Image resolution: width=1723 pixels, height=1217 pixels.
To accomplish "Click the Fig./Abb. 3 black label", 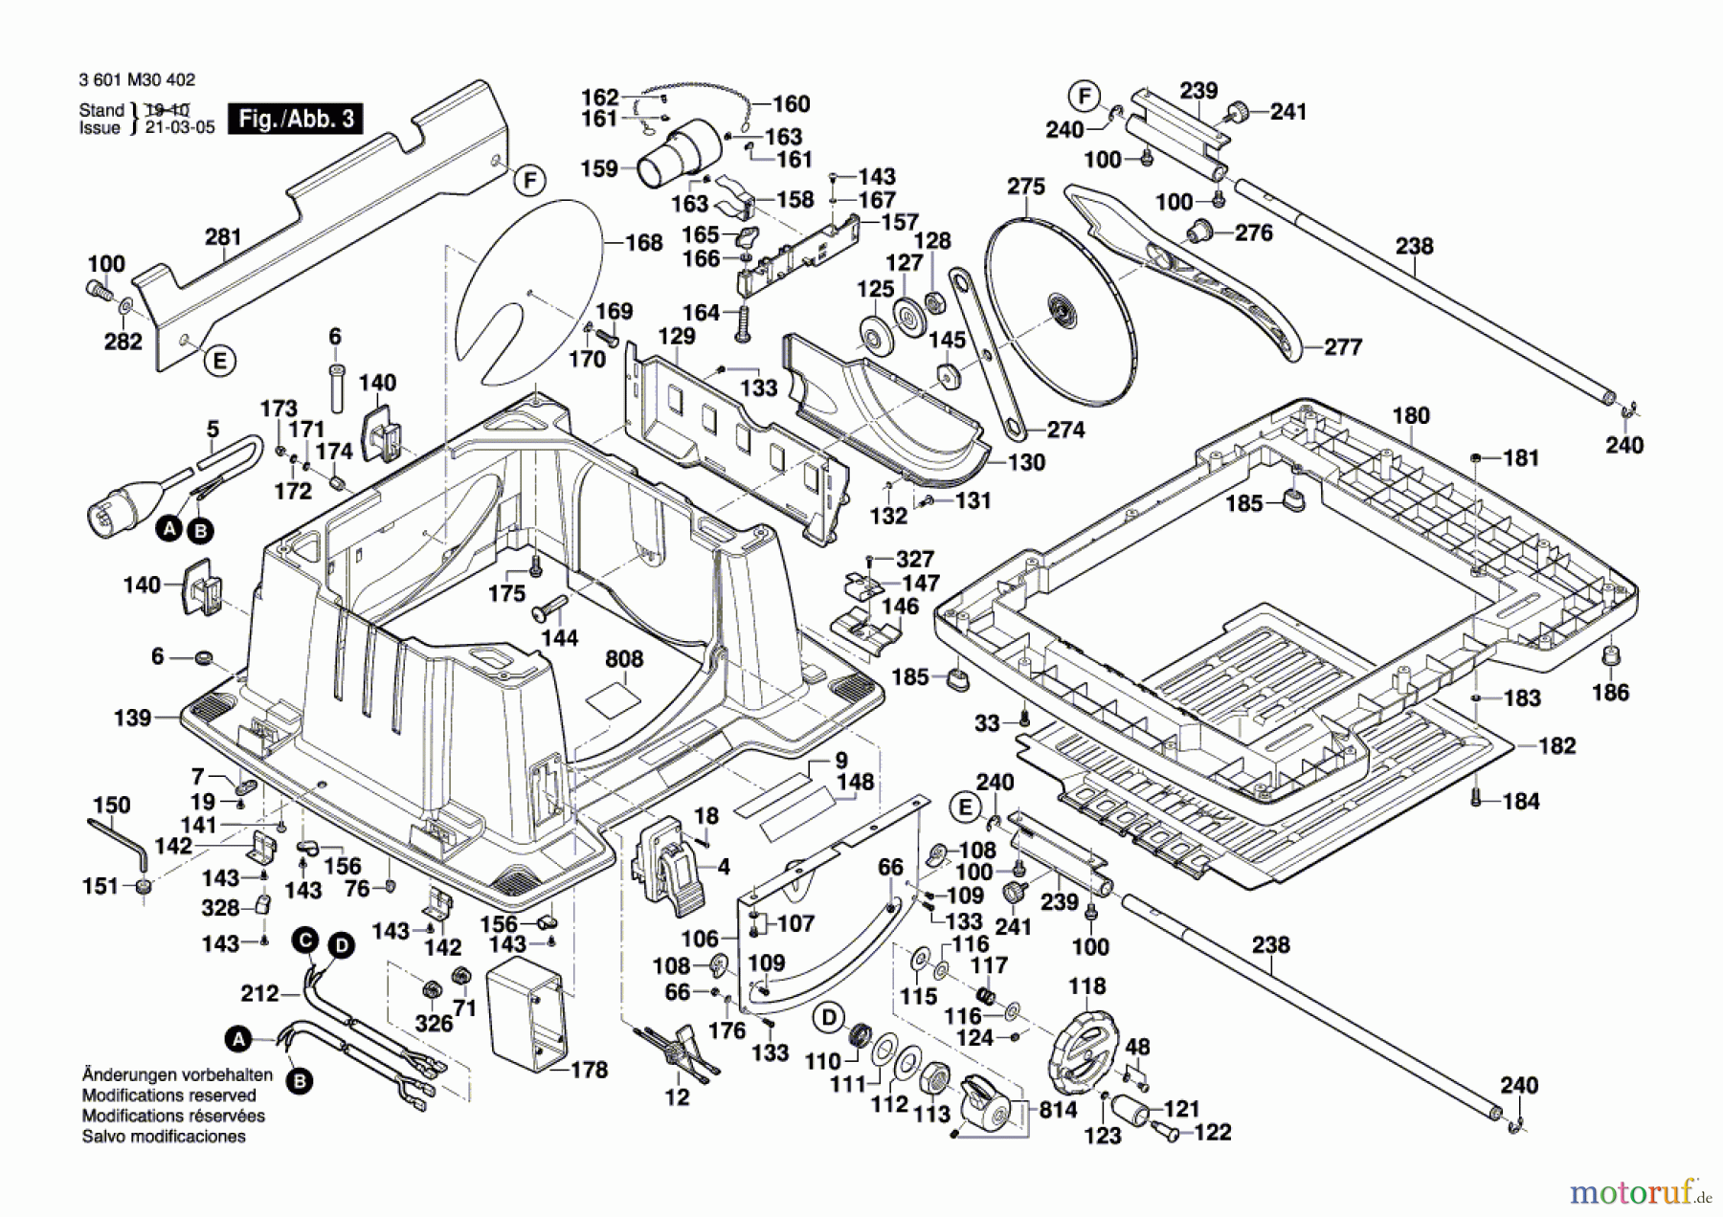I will tap(296, 120).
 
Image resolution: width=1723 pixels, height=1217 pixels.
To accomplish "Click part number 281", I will tap(223, 236).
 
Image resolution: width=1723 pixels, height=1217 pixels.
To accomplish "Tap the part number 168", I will tap(643, 242).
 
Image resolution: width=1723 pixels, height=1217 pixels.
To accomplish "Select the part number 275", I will tap(1025, 187).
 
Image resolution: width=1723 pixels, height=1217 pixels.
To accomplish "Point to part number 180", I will tap(1410, 415).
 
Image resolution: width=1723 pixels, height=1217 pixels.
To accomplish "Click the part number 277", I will tap(1342, 347).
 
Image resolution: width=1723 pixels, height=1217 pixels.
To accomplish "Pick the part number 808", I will tap(624, 659).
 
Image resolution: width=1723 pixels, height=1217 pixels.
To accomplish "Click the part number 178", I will tap(589, 1070).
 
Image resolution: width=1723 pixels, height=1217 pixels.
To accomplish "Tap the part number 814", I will tap(1057, 1110).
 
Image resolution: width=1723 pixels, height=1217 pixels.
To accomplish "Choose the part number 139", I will tap(132, 718).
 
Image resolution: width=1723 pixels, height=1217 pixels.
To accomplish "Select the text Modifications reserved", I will tap(168, 1095).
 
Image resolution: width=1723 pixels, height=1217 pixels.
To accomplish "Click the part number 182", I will tap(1555, 745).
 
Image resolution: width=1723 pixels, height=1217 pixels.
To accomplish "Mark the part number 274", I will tap(1065, 430).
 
